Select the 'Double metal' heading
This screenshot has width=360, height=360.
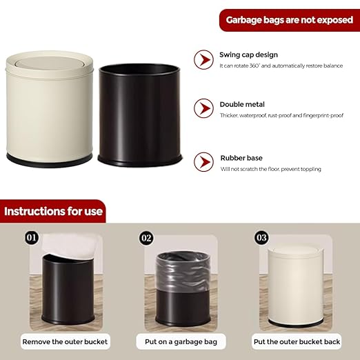(242, 105)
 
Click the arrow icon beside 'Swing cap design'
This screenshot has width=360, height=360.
(203, 59)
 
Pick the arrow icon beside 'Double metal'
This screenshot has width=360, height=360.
(203, 108)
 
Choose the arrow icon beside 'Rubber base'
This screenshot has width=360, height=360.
(203, 161)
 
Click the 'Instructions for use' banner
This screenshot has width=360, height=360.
(53, 211)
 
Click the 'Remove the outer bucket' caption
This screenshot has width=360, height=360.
(66, 341)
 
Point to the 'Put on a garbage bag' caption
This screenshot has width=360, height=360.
(180, 341)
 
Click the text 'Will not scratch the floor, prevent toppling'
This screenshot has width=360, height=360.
(270, 169)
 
